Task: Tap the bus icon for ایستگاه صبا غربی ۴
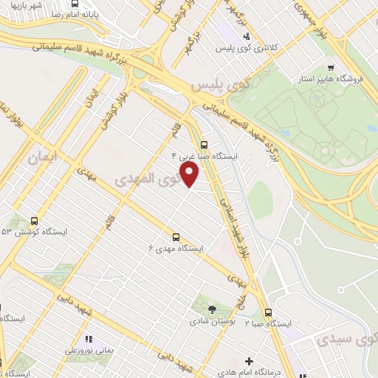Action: (x=205, y=145)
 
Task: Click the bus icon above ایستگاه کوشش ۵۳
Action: (x=34, y=221)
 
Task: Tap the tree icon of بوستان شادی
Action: (x=212, y=309)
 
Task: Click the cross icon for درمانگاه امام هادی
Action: (x=250, y=362)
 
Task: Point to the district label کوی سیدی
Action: (x=346, y=340)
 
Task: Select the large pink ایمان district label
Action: (x=43, y=157)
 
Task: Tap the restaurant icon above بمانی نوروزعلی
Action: (x=88, y=339)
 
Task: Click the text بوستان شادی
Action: (x=210, y=322)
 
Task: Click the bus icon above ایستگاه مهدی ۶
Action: (x=176, y=237)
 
